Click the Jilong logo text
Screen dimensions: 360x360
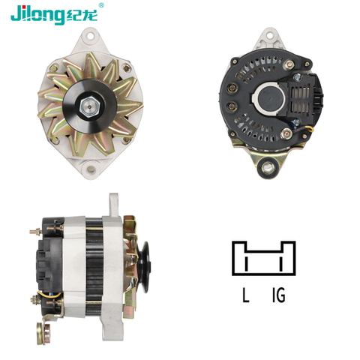(37, 15)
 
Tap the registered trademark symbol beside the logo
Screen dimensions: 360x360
(101, 5)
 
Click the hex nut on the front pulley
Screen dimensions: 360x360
(90, 107)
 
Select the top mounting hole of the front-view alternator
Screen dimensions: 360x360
(90, 35)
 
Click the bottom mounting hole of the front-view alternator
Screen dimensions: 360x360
(91, 169)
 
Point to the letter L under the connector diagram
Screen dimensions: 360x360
(246, 295)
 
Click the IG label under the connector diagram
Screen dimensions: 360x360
(279, 295)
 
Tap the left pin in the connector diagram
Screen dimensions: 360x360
(247, 263)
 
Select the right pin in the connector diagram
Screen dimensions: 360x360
(281, 263)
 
